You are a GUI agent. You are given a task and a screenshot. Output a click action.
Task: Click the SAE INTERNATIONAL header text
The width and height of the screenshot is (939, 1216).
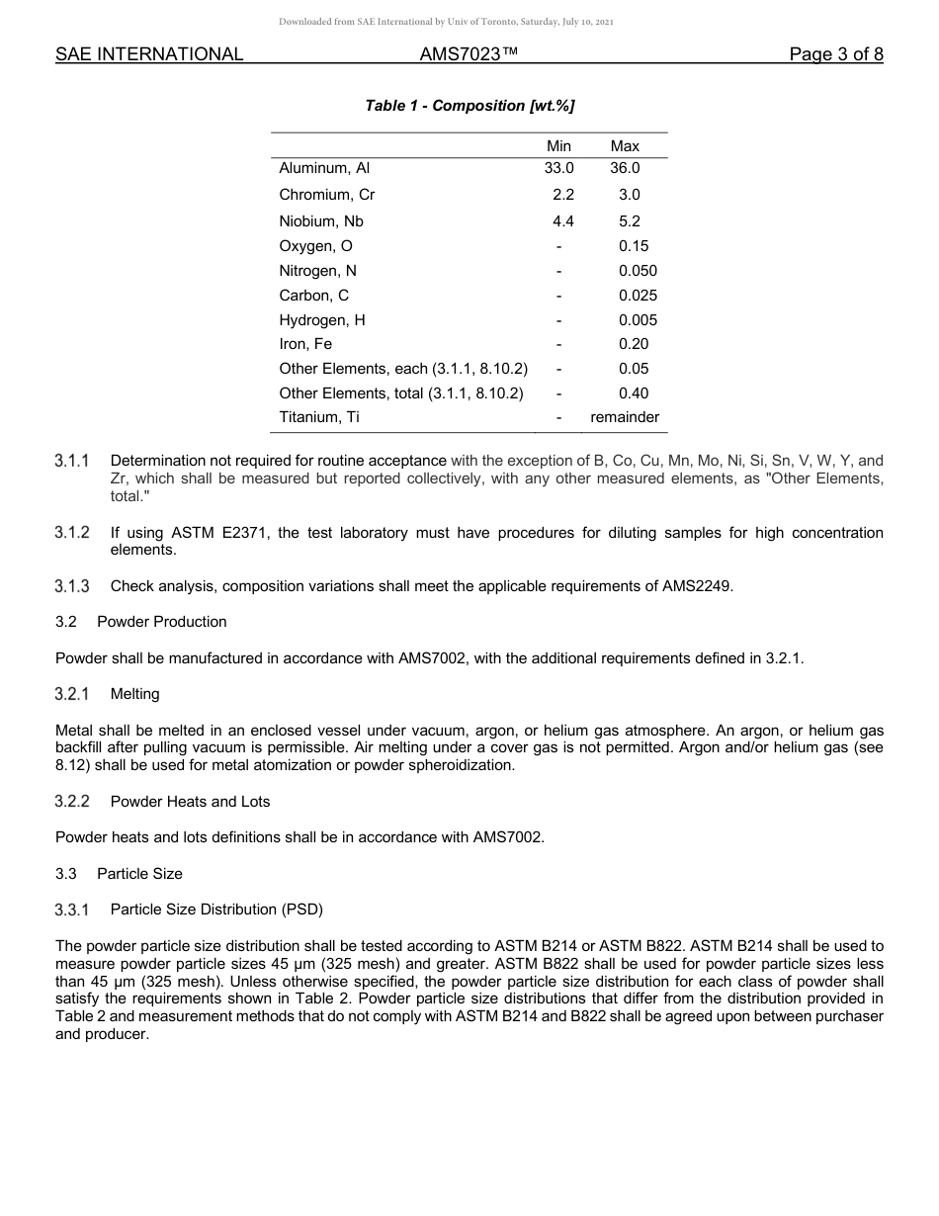[x=149, y=54]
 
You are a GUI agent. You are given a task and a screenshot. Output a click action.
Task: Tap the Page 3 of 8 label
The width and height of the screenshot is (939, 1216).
[x=835, y=54]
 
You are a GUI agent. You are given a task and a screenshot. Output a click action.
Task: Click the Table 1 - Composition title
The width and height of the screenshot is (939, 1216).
[x=469, y=106]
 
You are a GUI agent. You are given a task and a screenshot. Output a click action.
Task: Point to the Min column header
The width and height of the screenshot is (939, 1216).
[x=558, y=146]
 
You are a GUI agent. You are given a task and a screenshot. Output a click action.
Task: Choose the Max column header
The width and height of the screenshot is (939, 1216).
[x=625, y=146]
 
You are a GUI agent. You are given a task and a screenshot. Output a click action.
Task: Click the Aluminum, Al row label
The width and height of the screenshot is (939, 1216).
[x=324, y=169]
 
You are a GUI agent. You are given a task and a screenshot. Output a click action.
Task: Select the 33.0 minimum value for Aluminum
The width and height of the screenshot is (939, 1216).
[x=558, y=169]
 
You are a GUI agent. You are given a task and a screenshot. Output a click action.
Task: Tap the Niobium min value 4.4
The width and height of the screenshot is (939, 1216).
[x=562, y=221]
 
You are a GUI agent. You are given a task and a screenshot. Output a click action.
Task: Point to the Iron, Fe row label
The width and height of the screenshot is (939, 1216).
[x=305, y=344]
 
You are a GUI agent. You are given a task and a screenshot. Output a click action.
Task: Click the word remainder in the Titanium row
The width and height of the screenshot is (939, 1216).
[x=625, y=417]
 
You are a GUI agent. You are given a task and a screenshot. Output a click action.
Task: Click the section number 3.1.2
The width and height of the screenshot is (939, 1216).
[x=72, y=533]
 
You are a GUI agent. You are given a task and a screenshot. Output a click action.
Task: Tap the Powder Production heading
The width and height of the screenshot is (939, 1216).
[x=162, y=622]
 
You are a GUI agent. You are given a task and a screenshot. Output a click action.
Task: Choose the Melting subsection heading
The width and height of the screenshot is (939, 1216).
[x=134, y=695]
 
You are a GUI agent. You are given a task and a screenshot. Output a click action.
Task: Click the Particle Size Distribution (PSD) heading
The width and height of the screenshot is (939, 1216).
[x=216, y=910]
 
